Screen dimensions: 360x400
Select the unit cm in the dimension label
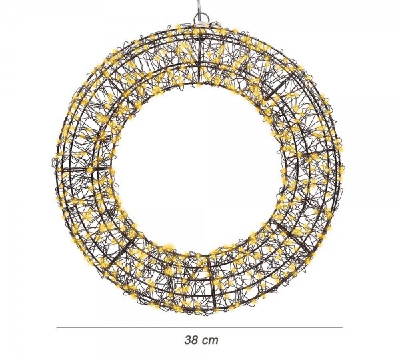click(x=211, y=339)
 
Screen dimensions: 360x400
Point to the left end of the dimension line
click(x=57, y=327)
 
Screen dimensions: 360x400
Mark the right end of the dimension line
click(x=341, y=327)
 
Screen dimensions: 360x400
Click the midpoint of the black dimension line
click(x=199, y=327)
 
